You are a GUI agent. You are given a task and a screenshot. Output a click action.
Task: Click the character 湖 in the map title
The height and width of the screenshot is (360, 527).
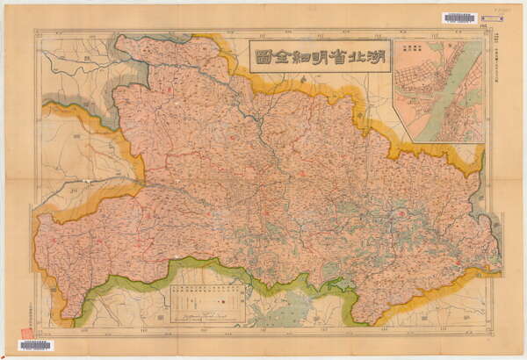(372, 56)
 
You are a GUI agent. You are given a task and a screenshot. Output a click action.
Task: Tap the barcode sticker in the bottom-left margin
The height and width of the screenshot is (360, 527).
(35, 345)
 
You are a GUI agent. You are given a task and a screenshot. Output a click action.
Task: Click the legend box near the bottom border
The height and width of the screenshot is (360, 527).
(205, 304)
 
